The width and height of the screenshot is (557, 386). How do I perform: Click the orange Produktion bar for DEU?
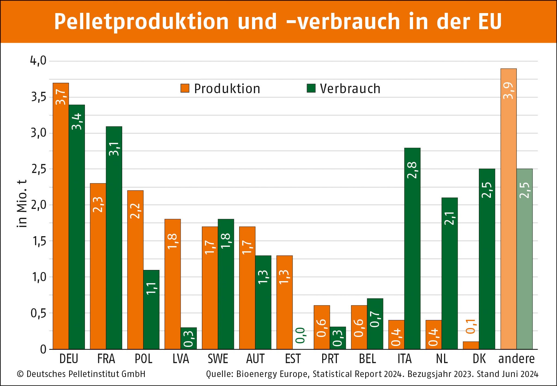(x=61, y=218)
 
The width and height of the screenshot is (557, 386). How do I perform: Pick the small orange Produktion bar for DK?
(x=471, y=345)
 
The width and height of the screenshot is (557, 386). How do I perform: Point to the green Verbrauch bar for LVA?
(x=189, y=339)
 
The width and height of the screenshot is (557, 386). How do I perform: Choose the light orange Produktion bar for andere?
(x=508, y=210)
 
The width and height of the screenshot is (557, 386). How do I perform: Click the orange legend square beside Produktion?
(x=185, y=88)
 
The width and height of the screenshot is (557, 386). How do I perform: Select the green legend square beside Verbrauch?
(x=311, y=88)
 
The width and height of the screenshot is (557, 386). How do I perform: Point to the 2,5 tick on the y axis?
(x=39, y=169)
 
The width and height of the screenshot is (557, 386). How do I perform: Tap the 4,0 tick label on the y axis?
(x=38, y=60)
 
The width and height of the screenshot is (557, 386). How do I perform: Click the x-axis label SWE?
(x=218, y=359)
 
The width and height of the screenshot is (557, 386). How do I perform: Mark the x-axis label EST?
(x=293, y=359)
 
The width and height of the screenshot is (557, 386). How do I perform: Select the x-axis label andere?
(x=516, y=359)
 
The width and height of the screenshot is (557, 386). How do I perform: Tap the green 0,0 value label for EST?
(x=300, y=335)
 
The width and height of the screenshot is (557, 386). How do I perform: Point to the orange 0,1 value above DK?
(x=471, y=326)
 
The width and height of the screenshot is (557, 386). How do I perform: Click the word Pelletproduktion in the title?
(x=141, y=22)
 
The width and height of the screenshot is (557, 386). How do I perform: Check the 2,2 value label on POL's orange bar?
(x=135, y=211)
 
